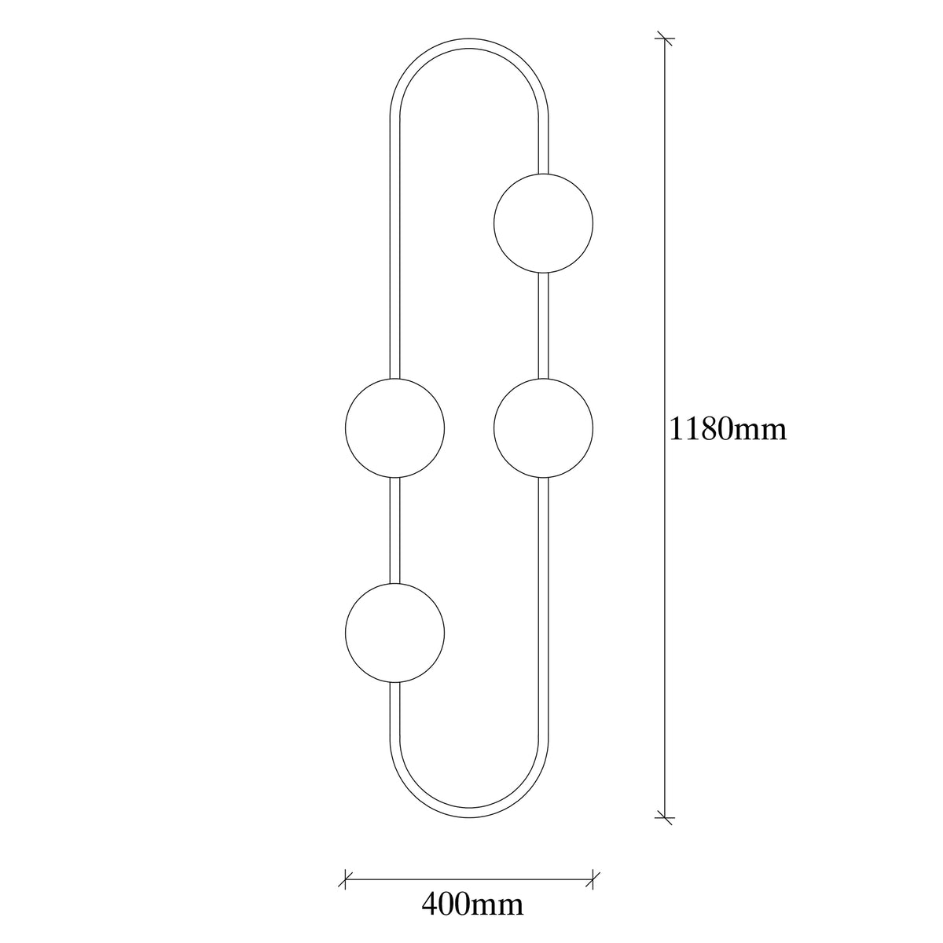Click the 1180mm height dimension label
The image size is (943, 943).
pyautogui.click(x=728, y=429)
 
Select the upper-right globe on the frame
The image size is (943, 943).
pyautogui.click(x=543, y=223)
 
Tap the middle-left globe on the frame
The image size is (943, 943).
pyautogui.click(x=395, y=427)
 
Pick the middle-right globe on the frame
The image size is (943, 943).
pyautogui.click(x=543, y=427)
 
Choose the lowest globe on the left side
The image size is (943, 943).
pyautogui.click(x=395, y=633)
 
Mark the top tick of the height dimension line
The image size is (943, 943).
pyautogui.click(x=665, y=39)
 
